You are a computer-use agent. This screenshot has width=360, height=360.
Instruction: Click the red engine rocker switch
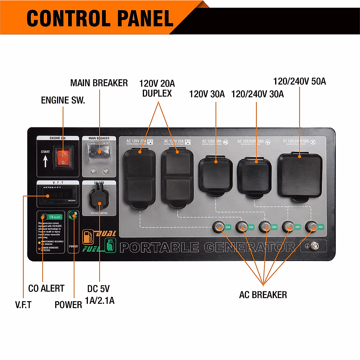(63, 157)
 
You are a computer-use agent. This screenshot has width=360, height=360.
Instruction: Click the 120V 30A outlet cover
(216, 174)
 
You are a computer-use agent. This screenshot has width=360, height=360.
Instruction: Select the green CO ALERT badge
(55, 217)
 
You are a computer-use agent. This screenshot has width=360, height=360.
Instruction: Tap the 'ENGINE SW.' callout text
(63, 100)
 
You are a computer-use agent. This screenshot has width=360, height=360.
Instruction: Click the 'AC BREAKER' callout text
(263, 295)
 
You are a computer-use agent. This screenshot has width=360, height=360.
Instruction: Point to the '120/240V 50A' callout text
(299, 81)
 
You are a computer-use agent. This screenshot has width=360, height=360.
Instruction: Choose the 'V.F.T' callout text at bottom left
(23, 305)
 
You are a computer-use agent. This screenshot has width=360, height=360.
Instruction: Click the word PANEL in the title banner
(145, 19)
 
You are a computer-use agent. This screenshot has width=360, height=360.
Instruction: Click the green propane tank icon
(110, 245)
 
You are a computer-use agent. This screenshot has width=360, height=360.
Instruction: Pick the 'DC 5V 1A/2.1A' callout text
(99, 295)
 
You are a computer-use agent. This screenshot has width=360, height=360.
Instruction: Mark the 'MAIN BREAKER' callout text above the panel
(99, 83)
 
